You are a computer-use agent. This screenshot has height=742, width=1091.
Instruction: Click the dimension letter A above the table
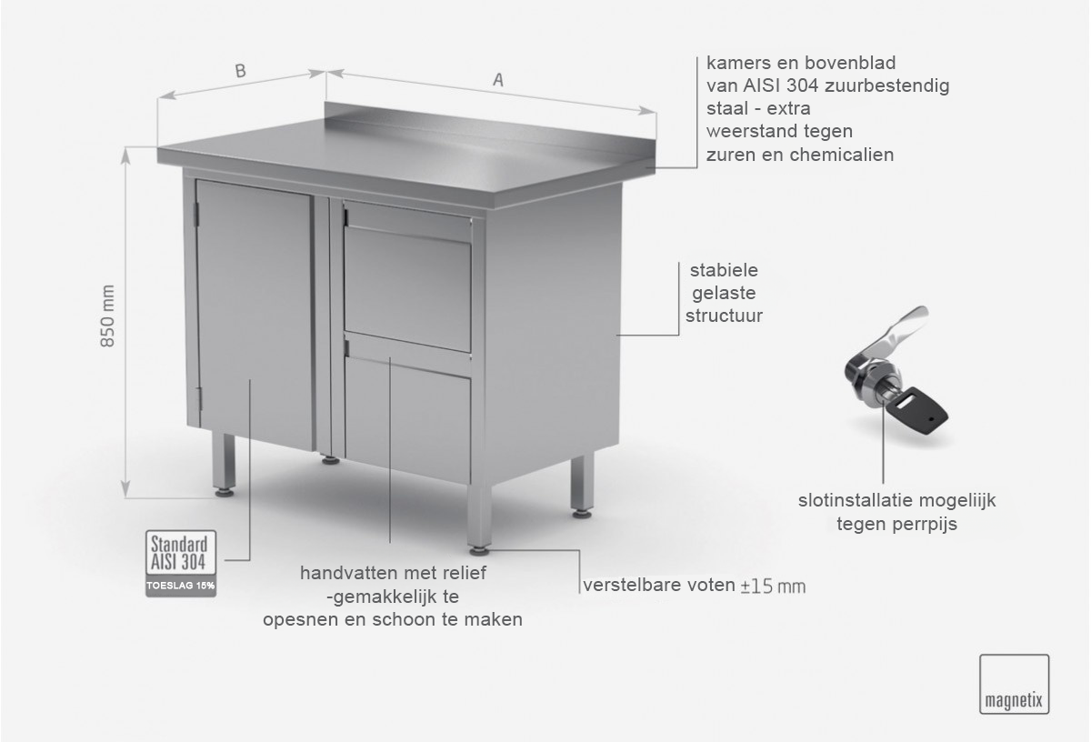[498, 80]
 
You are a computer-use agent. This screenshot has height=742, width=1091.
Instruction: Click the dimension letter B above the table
[241, 71]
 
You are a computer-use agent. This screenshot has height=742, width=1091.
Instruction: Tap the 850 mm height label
[107, 316]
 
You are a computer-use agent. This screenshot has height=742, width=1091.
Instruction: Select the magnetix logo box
[1014, 684]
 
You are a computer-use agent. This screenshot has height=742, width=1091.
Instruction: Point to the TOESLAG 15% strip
[181, 587]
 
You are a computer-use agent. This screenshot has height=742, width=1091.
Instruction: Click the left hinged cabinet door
[255, 315]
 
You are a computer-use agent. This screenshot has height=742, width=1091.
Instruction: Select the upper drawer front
[408, 276]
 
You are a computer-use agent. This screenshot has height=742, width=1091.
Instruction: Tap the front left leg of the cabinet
[224, 465]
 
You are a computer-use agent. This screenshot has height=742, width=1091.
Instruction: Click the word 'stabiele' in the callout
[724, 270]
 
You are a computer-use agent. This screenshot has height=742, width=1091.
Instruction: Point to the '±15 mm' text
[773, 587]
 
